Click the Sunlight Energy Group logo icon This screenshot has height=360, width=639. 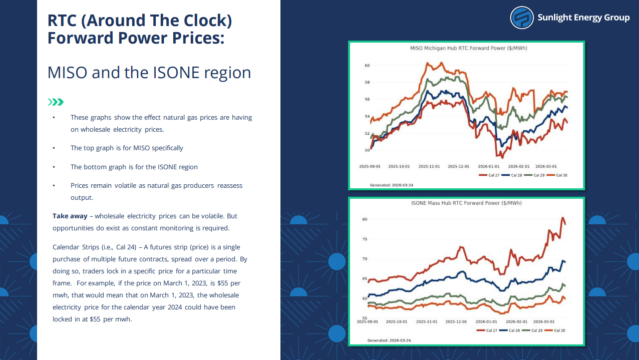coord(522,18)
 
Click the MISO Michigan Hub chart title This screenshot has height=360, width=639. coord(468,49)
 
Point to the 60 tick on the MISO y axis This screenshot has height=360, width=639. coord(367,66)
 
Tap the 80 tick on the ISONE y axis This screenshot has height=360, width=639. coord(365,219)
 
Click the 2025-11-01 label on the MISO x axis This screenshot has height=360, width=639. coord(429,166)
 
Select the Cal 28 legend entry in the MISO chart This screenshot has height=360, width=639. coord(513,175)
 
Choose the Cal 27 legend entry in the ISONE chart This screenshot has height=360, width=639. coord(489,330)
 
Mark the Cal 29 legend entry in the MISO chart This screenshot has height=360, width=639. coord(536,175)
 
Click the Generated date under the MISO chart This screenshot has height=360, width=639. coord(391,185)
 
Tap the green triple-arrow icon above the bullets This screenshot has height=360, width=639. coord(56,102)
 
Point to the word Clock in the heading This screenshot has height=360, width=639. coord(205,21)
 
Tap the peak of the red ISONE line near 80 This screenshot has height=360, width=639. coord(563,218)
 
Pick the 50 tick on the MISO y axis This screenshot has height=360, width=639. coord(367,150)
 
